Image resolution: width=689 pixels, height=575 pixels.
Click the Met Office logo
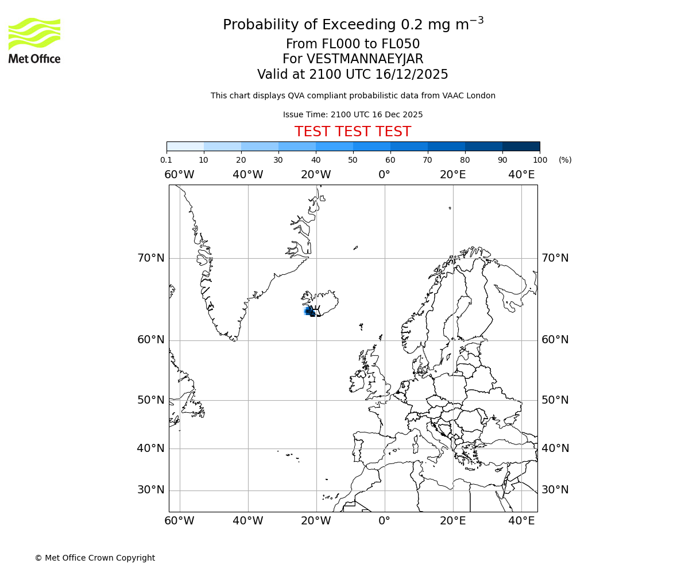pyautogui.click(x=34, y=40)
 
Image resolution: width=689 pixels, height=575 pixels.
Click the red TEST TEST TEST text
pyautogui.click(x=353, y=132)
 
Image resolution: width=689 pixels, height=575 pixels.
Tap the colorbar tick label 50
pyautogui.click(x=353, y=160)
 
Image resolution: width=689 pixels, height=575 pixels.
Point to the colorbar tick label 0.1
pyautogui.click(x=166, y=160)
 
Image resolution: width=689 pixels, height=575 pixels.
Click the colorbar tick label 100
pyautogui.click(x=540, y=160)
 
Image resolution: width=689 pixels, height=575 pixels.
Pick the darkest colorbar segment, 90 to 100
pyautogui.click(x=521, y=146)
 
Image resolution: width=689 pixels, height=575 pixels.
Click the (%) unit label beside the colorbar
pyautogui.click(x=565, y=160)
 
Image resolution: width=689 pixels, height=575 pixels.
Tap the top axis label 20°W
pyautogui.click(x=316, y=175)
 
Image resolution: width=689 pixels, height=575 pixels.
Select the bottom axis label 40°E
pyautogui.click(x=521, y=521)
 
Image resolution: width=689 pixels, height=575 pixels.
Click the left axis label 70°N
pyautogui.click(x=151, y=258)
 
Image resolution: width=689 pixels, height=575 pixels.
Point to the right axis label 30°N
pyautogui.click(x=555, y=490)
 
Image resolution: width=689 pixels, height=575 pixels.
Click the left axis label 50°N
pyautogui.click(x=151, y=400)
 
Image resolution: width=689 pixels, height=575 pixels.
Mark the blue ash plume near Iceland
pyautogui.click(x=309, y=311)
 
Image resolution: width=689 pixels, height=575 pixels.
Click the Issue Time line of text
pyautogui.click(x=353, y=114)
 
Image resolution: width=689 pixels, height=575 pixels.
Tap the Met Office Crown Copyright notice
pyautogui.click(x=95, y=558)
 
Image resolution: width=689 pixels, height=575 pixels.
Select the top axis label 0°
pyautogui.click(x=384, y=175)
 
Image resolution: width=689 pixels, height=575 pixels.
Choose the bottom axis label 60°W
pyautogui.click(x=179, y=521)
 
